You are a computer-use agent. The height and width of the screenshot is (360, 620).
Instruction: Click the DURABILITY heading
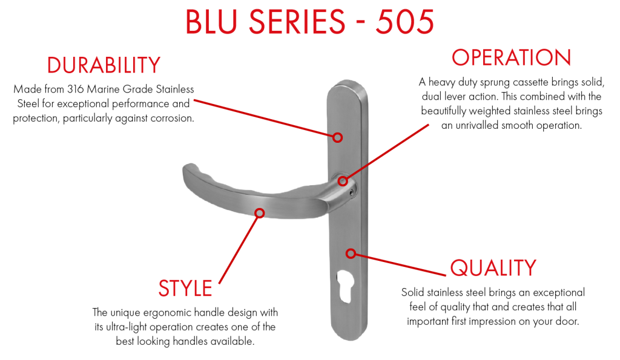pyautogui.click(x=104, y=65)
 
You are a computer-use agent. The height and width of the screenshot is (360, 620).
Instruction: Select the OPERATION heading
pyautogui.click(x=511, y=57)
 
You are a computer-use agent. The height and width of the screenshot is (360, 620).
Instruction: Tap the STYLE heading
pyautogui.click(x=185, y=288)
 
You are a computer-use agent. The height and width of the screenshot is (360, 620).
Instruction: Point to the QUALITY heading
pyautogui.click(x=493, y=267)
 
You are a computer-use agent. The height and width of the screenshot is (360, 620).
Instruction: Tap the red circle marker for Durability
pyautogui.click(x=337, y=137)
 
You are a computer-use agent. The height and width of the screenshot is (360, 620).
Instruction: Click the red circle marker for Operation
pyautogui.click(x=343, y=181)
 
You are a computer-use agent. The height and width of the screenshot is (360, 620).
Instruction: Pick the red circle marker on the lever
pyautogui.click(x=259, y=214)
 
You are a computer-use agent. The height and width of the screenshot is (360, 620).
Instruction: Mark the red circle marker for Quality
pyautogui.click(x=351, y=254)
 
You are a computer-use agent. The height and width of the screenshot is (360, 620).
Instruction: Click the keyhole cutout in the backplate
pyautogui.click(x=345, y=287)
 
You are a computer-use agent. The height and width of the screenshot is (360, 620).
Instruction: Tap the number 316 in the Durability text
pyautogui.click(x=75, y=90)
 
